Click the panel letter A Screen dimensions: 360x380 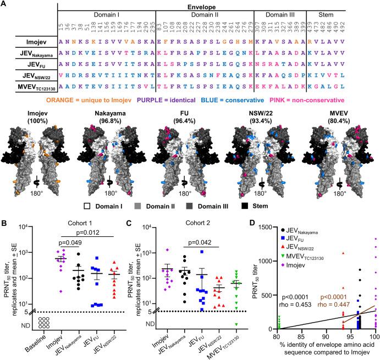pos(4,4)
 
